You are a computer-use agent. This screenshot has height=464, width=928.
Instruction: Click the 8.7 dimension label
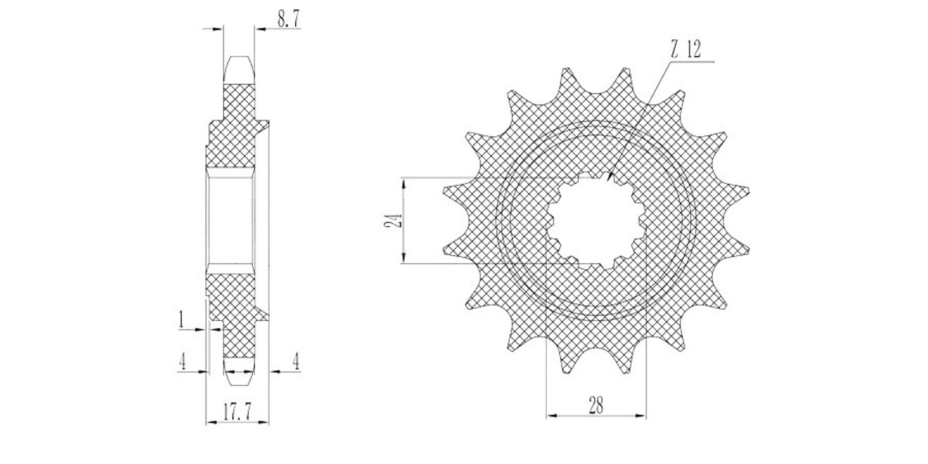pos(288,19)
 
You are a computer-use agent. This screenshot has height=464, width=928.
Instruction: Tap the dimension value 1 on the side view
pos(181,320)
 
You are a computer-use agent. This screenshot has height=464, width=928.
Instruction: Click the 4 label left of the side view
pos(182,362)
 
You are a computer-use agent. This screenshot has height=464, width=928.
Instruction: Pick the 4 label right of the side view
pos(296,361)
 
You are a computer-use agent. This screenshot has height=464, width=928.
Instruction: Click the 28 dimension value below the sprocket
pos(596,405)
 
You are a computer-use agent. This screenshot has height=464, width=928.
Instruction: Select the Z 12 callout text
pos(686,50)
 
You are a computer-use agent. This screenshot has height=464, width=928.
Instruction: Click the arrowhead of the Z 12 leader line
pos(610,177)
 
